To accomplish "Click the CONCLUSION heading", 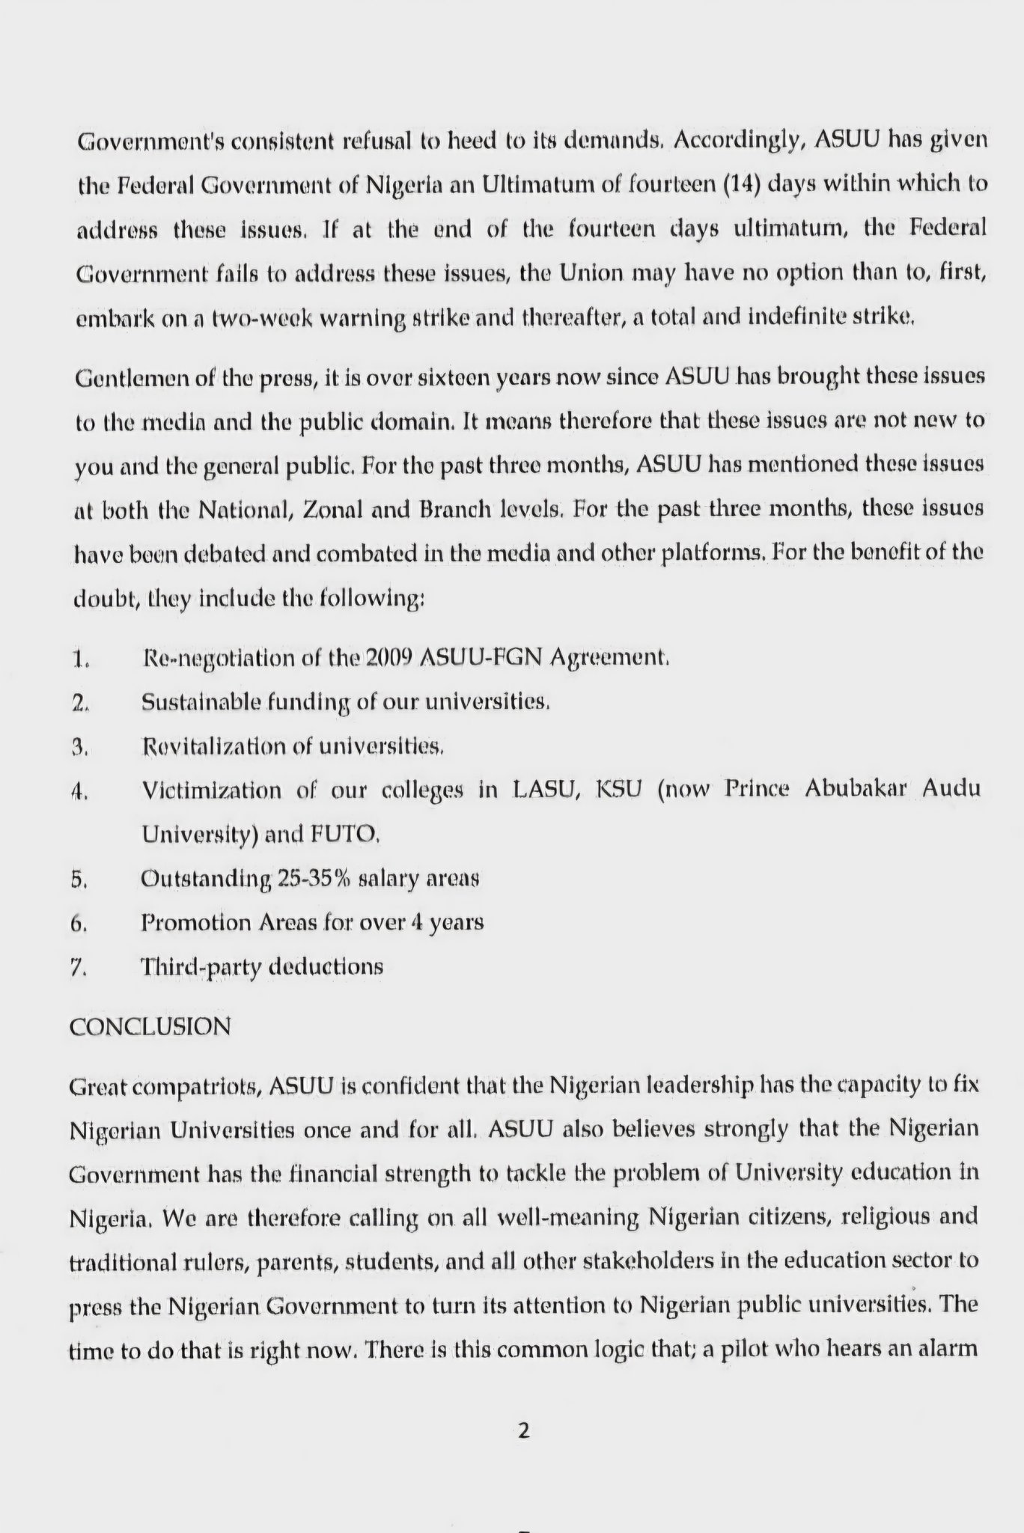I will click(x=150, y=1026).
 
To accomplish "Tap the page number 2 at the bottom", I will click(x=523, y=1431).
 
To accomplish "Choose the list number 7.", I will click(x=79, y=968).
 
